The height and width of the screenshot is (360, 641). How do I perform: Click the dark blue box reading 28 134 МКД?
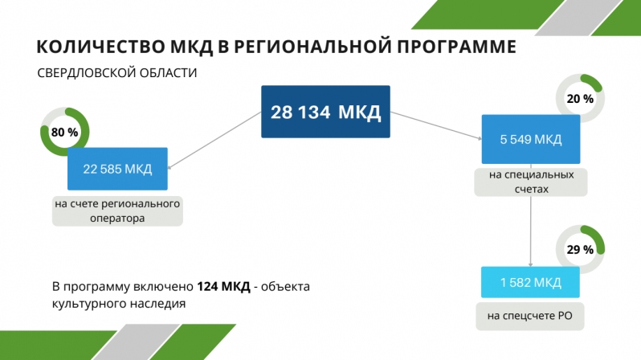tap(325, 112)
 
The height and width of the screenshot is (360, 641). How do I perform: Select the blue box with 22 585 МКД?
tap(117, 169)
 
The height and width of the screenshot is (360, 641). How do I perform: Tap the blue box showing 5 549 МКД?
tap(531, 139)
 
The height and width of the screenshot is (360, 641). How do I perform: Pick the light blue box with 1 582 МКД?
tap(530, 282)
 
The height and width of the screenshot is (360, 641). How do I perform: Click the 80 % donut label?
tap(64, 132)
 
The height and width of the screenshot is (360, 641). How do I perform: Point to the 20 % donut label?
tap(580, 99)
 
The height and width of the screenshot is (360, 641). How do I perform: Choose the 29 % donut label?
tap(580, 250)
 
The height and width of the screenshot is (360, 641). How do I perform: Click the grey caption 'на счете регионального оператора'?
tap(117, 211)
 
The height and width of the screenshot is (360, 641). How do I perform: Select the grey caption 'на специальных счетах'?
tap(531, 182)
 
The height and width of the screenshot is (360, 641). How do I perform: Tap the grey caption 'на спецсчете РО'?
tap(530, 316)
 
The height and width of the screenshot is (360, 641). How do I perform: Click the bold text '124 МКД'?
tap(223, 286)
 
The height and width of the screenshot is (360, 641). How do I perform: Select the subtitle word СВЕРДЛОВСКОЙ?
tap(86, 73)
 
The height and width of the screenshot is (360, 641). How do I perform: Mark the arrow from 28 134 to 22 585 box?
tap(214, 140)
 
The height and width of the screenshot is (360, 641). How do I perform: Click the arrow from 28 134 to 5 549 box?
tap(436, 125)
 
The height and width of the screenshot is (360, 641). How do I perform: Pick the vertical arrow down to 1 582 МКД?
tap(531, 215)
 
